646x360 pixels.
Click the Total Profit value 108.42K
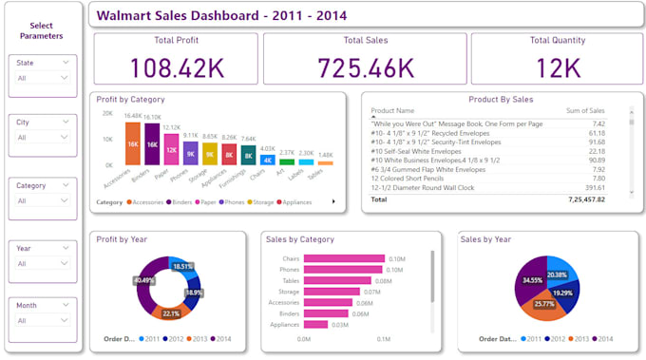176,67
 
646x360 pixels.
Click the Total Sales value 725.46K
366,67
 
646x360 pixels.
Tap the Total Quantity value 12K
559,67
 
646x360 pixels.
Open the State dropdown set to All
43,79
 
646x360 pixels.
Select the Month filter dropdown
43,321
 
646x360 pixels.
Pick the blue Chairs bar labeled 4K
267,160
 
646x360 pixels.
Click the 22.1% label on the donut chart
172,313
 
